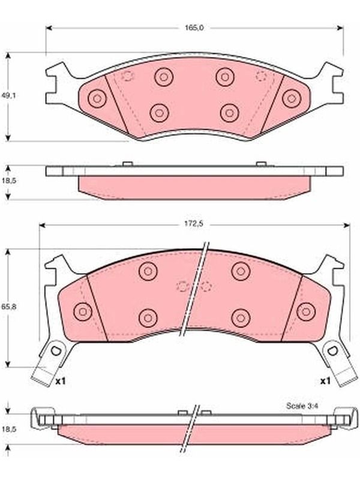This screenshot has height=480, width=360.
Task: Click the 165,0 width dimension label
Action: tap(194, 28)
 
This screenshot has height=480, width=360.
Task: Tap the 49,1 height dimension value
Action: tap(9, 95)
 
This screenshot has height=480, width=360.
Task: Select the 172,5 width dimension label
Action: tap(193, 224)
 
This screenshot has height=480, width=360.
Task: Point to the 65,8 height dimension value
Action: tap(9, 307)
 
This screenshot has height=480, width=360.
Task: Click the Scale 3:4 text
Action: tap(302, 406)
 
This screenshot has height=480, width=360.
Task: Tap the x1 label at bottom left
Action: tap(61, 381)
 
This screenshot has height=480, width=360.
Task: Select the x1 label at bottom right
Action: tap(325, 381)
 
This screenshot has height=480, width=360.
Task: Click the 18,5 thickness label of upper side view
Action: tap(9, 181)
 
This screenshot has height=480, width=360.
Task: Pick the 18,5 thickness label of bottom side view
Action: tap(9, 429)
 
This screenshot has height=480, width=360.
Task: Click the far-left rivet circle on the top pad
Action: tap(97, 98)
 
